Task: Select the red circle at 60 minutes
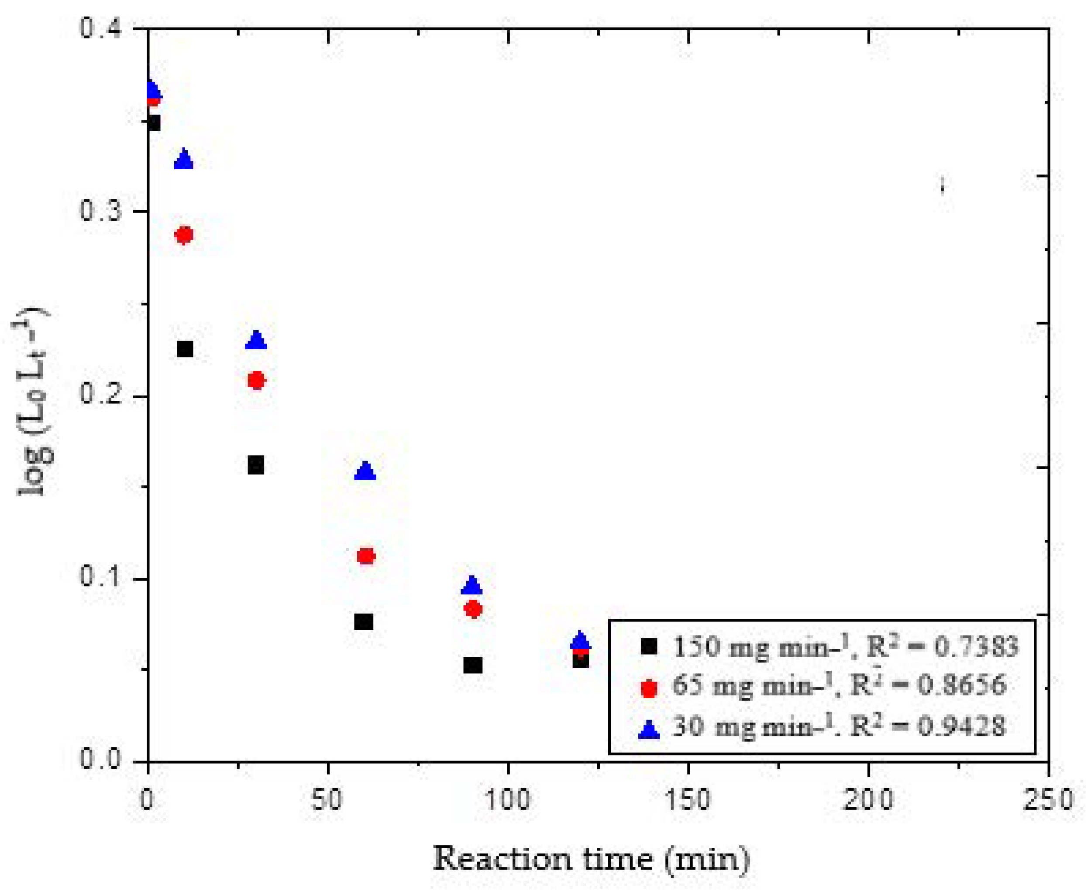(x=366, y=556)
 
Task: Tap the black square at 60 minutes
(x=364, y=621)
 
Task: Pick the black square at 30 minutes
(x=256, y=465)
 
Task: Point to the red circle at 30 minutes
(x=256, y=380)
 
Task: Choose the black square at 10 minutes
(x=184, y=349)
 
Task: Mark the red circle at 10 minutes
(x=184, y=235)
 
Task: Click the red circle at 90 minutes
(x=473, y=609)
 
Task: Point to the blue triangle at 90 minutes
(x=472, y=586)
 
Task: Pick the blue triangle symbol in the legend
(x=649, y=729)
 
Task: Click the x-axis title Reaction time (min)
(x=591, y=858)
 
